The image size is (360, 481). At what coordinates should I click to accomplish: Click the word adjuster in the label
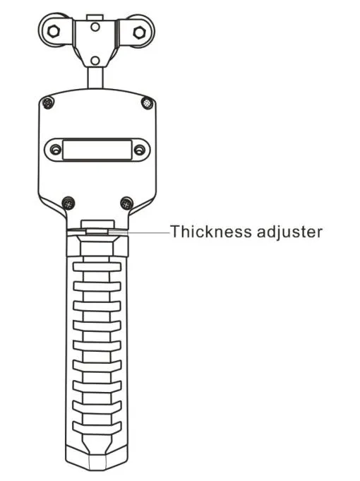(x=290, y=232)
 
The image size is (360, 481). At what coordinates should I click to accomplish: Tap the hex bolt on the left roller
(x=54, y=30)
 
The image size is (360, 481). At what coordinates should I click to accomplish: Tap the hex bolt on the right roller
(x=139, y=32)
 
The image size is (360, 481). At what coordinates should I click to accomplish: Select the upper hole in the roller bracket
(x=95, y=27)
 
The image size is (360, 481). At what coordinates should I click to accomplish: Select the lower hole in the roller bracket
(x=95, y=61)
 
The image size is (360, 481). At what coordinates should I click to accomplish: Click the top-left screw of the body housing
(x=48, y=102)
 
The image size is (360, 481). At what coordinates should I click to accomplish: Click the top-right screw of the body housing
(x=148, y=102)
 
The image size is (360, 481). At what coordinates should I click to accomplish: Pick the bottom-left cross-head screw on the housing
(x=68, y=203)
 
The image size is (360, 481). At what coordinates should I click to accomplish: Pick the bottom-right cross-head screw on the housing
(x=126, y=203)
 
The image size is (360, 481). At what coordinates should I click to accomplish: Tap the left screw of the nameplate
(x=56, y=150)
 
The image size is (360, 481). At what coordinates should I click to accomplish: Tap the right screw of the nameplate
(x=139, y=150)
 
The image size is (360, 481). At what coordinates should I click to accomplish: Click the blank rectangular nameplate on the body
(x=97, y=150)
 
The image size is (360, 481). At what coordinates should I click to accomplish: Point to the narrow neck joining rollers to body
(x=95, y=78)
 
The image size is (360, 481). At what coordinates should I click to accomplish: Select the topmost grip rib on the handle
(x=97, y=267)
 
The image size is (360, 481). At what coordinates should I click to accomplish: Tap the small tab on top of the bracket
(x=95, y=17)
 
